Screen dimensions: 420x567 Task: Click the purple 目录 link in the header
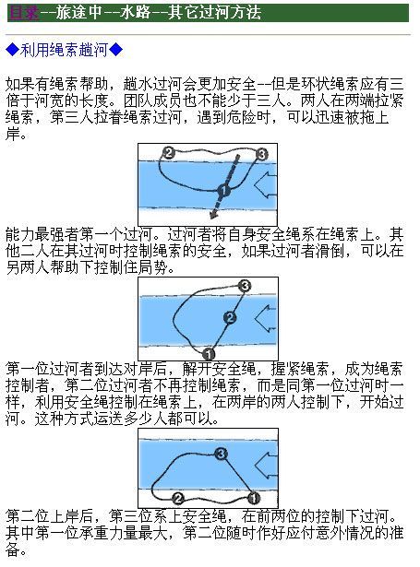[23, 13]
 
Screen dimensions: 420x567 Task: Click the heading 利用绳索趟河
[65, 50]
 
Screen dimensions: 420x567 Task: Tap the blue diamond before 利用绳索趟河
[13, 50]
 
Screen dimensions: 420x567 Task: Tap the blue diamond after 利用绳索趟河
[116, 50]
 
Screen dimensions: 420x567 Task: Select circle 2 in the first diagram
[169, 153]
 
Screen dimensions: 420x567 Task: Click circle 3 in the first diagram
[261, 154]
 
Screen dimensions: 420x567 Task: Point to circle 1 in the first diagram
[224, 190]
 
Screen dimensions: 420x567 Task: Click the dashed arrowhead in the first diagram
[214, 215]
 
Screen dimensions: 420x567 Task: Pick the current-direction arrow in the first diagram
[266, 184]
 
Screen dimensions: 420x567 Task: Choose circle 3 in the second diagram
[246, 286]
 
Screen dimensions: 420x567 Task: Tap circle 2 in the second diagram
[230, 318]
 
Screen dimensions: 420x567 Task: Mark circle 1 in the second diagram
[209, 353]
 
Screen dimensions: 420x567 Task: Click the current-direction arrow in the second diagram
[266, 319]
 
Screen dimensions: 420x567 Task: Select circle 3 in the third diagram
[221, 454]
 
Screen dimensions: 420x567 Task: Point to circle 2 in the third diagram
[177, 499]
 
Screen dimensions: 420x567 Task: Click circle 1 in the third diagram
[254, 498]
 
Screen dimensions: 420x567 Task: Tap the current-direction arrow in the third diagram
[266, 466]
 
